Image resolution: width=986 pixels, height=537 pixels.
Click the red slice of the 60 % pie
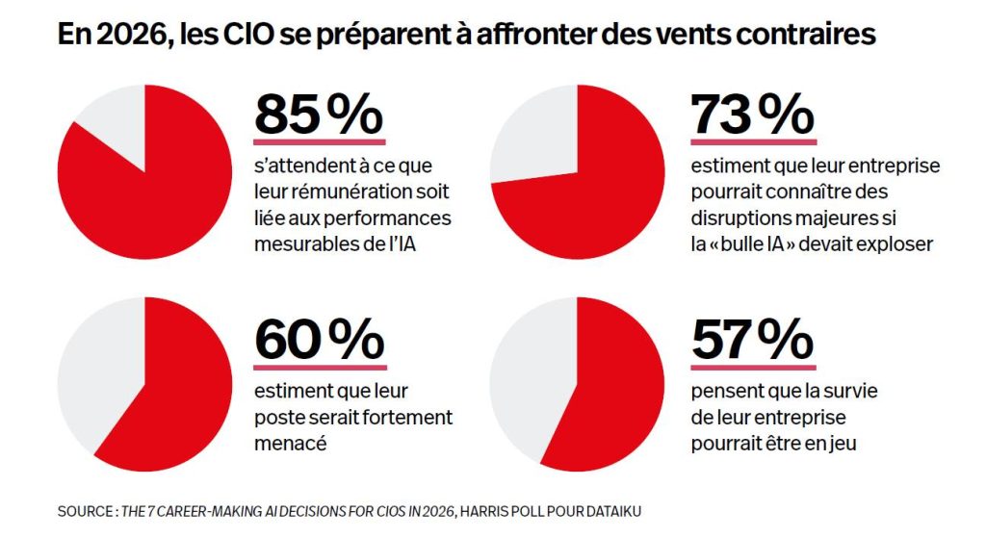[183, 395]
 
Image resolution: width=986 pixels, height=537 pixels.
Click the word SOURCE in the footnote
[84, 511]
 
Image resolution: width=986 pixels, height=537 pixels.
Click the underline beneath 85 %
[319, 141]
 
